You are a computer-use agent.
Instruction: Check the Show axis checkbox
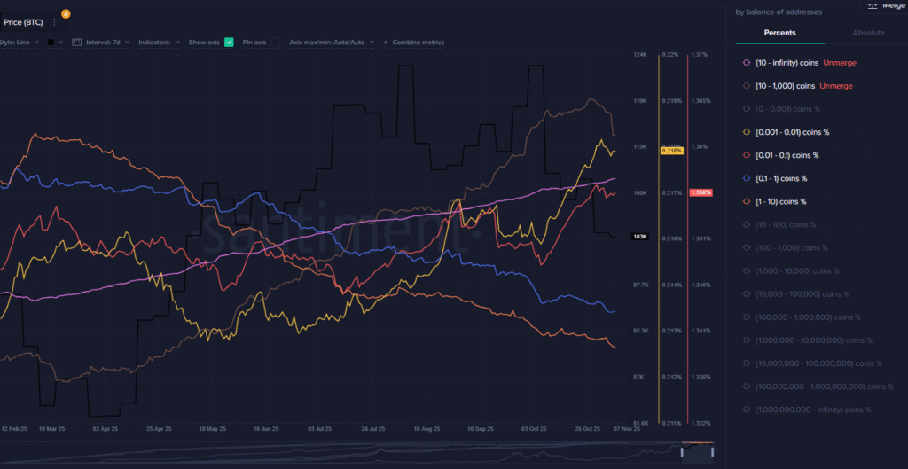pos(229,43)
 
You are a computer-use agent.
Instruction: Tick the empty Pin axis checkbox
pos(275,43)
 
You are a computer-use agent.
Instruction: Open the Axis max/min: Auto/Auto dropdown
pos(332,43)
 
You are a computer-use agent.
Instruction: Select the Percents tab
pos(779,33)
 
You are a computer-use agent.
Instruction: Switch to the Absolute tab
pos(868,33)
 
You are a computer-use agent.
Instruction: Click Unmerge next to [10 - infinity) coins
pos(839,63)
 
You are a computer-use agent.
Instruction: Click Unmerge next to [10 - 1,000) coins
pos(835,86)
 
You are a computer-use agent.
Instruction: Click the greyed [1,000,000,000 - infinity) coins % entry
pos(812,410)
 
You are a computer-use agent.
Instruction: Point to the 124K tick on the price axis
pos(638,55)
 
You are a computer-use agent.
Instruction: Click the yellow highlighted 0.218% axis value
pos(670,152)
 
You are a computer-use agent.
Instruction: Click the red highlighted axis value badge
pos(700,192)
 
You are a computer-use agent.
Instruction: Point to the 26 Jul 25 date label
pos(372,429)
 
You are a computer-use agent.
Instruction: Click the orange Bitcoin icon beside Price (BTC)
pos(66,14)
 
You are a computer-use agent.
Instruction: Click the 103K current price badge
pos(639,238)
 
